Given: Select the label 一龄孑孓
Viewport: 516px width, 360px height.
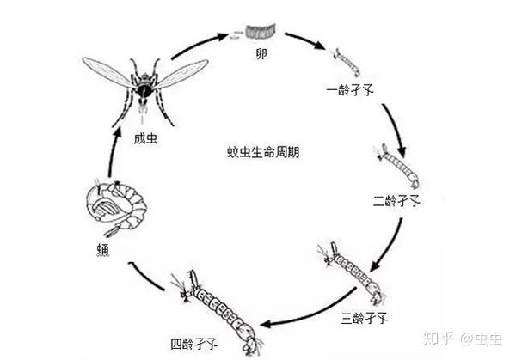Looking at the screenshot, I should pyautogui.click(x=350, y=89).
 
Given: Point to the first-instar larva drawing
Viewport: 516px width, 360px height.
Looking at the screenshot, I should pyautogui.click(x=347, y=62).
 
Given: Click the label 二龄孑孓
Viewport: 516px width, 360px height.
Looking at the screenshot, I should pyautogui.click(x=396, y=201).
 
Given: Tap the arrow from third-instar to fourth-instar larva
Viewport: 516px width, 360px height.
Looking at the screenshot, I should pyautogui.click(x=293, y=321).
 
